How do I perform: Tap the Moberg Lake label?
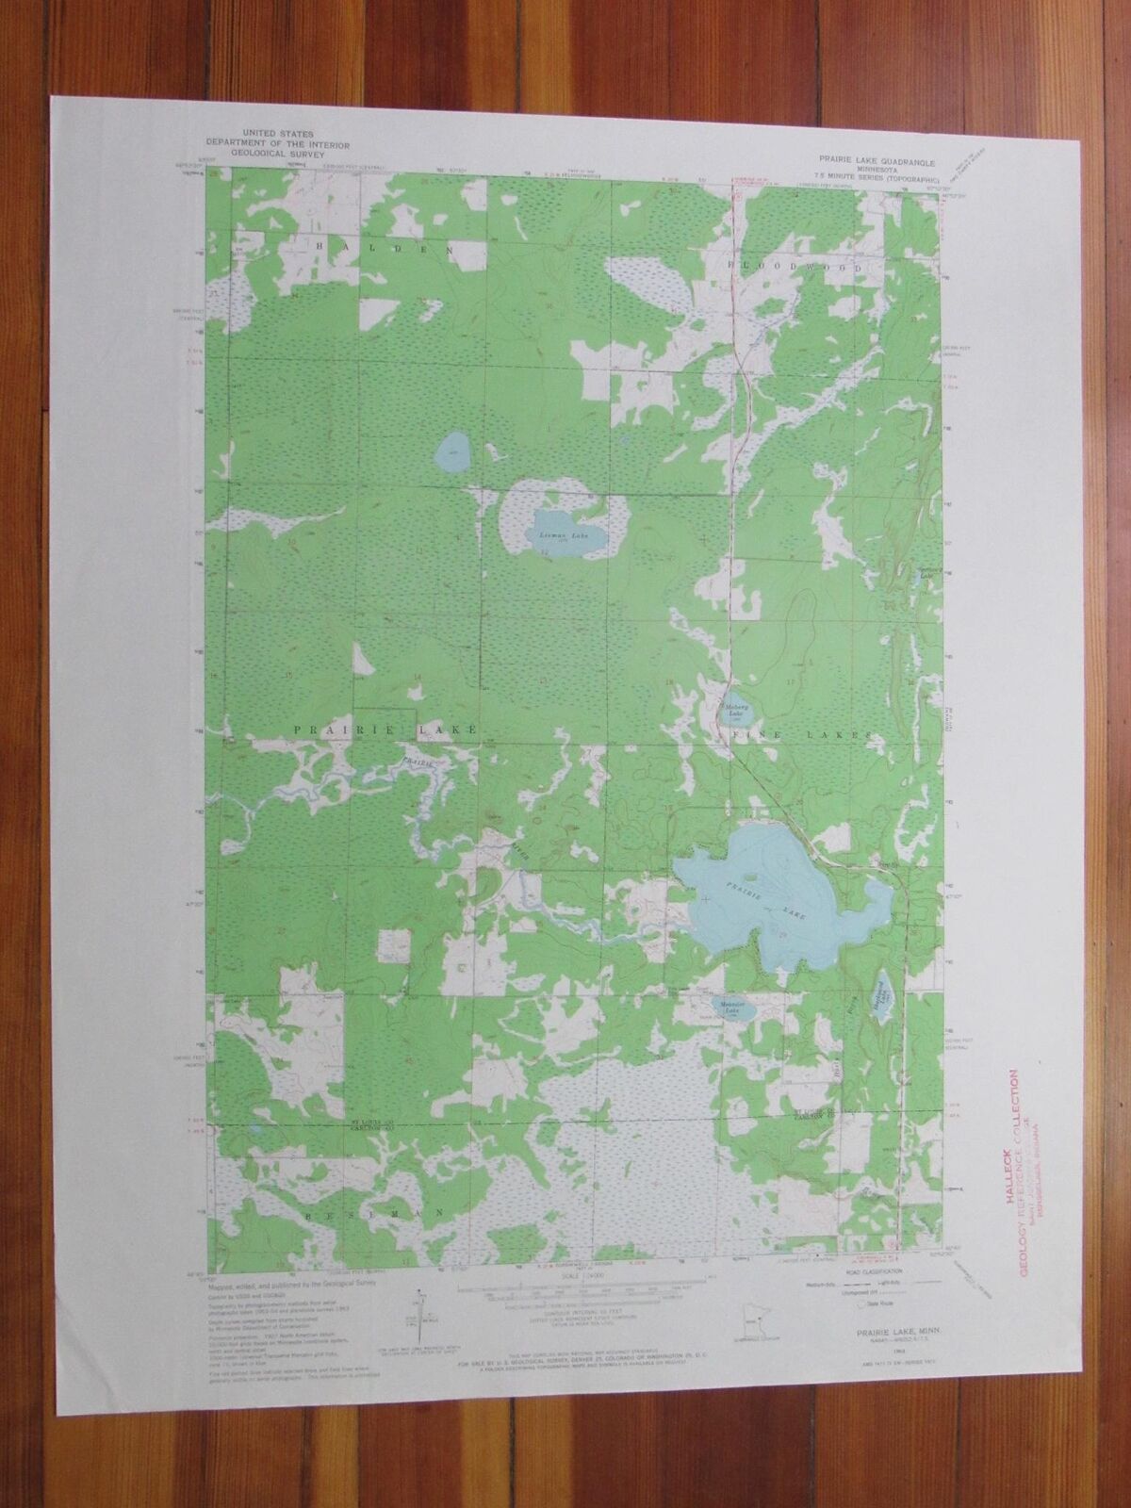coord(736,706)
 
